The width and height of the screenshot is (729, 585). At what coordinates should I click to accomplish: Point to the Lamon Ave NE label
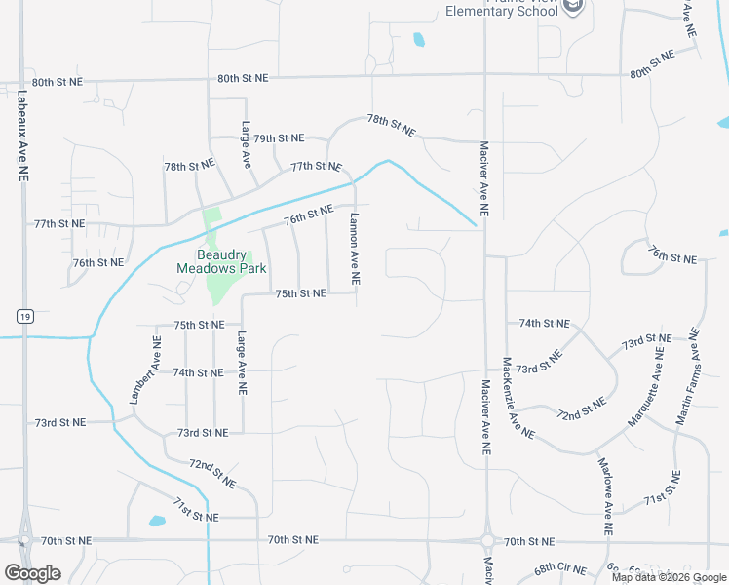[x=355, y=249]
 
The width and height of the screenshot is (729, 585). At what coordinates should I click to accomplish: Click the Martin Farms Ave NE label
[x=690, y=376]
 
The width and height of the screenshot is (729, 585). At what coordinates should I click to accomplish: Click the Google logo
[x=32, y=573]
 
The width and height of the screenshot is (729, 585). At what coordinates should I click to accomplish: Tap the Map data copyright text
[x=668, y=577]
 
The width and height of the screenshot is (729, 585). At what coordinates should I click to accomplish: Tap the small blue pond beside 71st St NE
[x=157, y=521]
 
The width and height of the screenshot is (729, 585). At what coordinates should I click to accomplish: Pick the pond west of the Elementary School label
[x=419, y=40]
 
